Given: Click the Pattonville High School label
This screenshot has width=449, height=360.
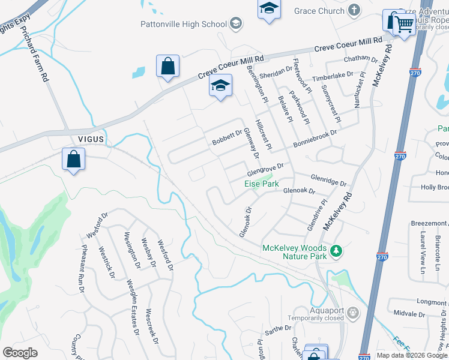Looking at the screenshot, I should (183, 24).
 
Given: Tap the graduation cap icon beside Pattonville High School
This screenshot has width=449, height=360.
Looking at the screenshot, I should (236, 24).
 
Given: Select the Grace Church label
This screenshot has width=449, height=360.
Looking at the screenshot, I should (319, 11).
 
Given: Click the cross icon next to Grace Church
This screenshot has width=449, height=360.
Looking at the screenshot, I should (354, 10).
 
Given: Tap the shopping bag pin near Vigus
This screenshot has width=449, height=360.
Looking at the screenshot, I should (73, 160).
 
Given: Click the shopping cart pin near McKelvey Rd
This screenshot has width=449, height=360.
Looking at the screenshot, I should (405, 25).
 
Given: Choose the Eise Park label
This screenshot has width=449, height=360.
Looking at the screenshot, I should (262, 184).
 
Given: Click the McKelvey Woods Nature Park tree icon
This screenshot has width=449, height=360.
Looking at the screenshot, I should (337, 251).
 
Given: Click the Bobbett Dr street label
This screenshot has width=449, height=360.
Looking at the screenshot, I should (226, 138).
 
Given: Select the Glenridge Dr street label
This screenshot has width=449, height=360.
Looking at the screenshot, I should (328, 179).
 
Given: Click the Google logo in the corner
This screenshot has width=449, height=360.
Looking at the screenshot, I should (20, 353).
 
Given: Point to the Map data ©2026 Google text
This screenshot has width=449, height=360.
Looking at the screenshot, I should (412, 355).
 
